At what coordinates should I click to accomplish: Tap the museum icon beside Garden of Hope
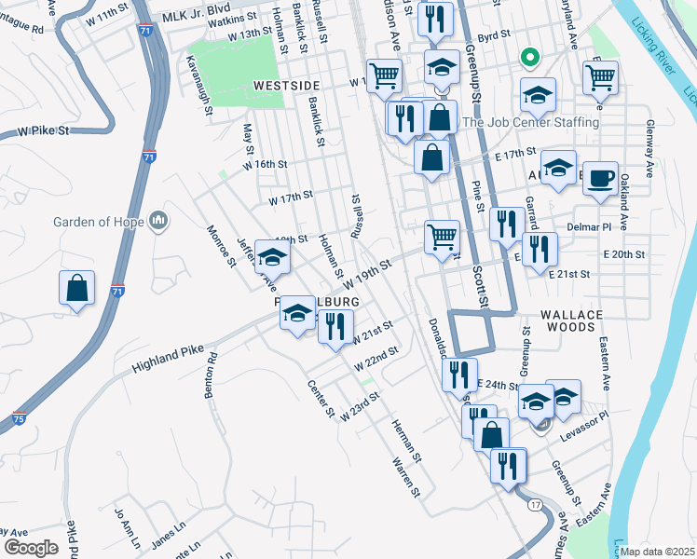point(158,221)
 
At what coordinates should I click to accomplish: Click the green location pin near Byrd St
point(529,59)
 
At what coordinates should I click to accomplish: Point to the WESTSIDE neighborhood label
point(287,85)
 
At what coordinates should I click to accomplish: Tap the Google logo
point(32,547)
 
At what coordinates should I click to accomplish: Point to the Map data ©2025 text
point(656,551)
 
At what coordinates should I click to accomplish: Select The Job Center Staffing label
point(530,122)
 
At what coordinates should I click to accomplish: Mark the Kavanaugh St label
point(198,86)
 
